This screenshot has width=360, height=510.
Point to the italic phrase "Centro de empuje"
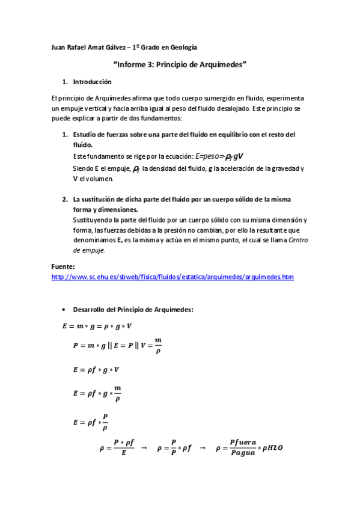pyautogui.click(x=289, y=245)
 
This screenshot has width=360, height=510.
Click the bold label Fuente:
pyautogui.click(x=64, y=266)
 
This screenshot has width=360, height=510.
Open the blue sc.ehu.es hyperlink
pyautogui.click(x=172, y=277)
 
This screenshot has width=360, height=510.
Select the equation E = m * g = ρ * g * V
pyautogui.click(x=97, y=326)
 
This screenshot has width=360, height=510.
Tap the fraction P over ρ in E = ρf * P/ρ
pyautogui.click(x=105, y=422)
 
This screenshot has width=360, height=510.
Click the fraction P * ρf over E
pyautogui.click(x=124, y=447)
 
